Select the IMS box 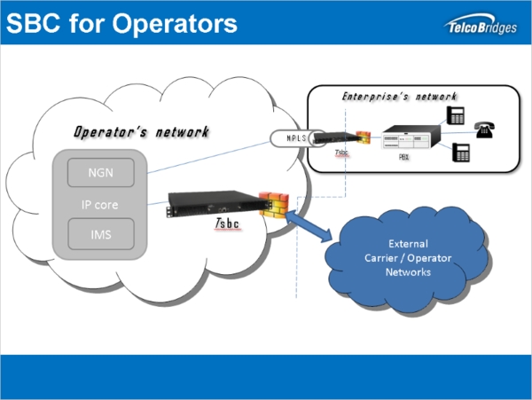(94, 234)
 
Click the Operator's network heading (141, 131)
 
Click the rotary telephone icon (484, 129)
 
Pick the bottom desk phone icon (460, 152)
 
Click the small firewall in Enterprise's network (364, 138)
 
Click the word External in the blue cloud (408, 242)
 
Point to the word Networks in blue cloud (408, 272)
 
